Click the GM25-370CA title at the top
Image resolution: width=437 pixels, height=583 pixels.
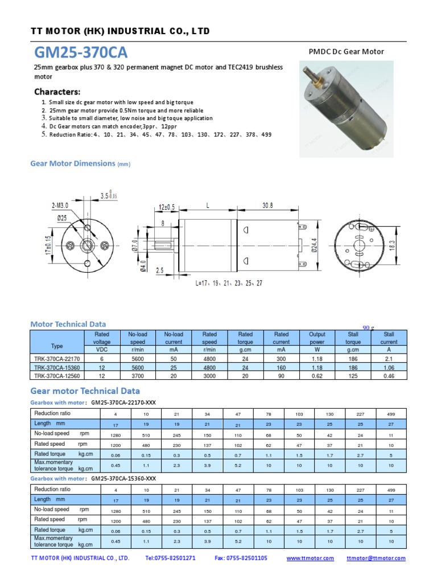click(81, 52)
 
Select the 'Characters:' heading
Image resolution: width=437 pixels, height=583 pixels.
click(57, 92)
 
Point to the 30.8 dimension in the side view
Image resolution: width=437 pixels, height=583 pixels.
click(269, 206)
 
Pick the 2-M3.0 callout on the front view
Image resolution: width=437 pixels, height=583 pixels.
click(60, 205)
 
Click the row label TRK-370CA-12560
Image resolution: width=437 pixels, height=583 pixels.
click(57, 376)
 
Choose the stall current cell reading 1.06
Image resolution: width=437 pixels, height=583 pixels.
click(389, 367)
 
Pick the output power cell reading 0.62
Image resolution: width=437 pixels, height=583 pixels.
click(317, 376)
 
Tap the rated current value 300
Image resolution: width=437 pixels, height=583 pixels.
click(281, 359)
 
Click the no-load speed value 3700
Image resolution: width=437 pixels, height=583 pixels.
click(138, 376)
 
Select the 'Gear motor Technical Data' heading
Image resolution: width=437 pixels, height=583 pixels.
click(85, 391)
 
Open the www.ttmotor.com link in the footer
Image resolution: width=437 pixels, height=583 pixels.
click(310, 559)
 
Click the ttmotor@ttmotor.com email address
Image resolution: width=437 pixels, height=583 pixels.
click(376, 559)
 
